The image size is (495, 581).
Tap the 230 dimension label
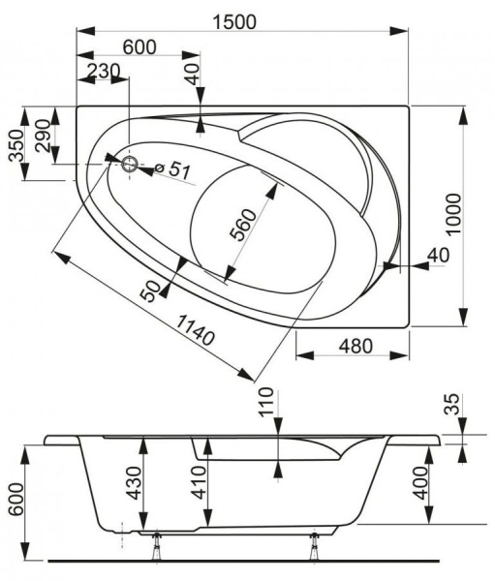102,71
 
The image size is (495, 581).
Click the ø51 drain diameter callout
174,169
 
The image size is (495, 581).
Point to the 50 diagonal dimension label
151,290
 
